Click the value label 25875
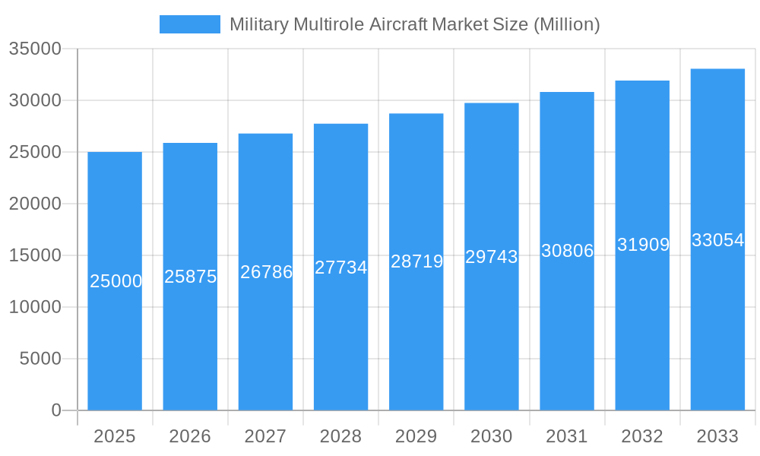pos(191,277)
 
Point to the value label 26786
pos(266,272)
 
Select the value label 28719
pos(416,261)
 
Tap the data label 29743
pos(492,257)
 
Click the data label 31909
pos(643,245)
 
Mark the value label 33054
pos(717,240)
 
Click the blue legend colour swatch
pos(190,24)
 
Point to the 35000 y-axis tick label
pos(34,49)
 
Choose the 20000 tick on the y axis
pos(34,204)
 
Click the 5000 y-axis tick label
pos(40,359)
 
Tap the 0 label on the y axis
pos(55,410)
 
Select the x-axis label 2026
pos(190,436)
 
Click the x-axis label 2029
pos(416,436)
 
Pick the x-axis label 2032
pos(642,436)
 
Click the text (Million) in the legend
pos(567,24)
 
